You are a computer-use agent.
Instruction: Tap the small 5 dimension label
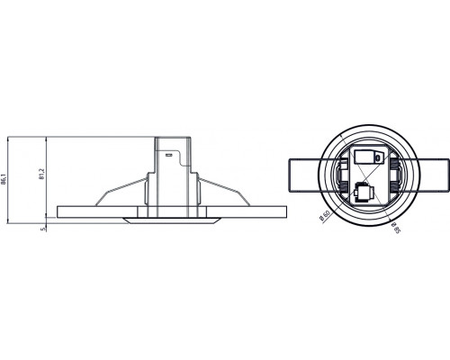point(42,229)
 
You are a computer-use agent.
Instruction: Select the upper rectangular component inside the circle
point(366,157)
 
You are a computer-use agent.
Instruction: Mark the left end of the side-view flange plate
point(59,211)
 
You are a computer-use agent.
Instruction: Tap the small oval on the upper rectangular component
point(379,157)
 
